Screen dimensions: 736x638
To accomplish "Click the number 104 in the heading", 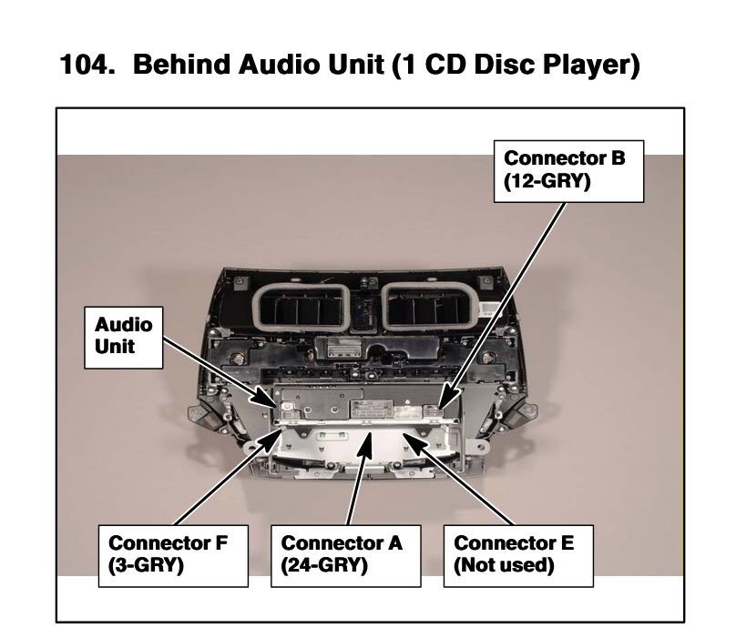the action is [87, 65].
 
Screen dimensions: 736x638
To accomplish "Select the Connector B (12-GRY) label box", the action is [568, 171].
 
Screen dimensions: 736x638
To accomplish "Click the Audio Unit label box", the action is [124, 338].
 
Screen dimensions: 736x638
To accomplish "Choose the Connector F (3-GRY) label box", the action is [173, 556].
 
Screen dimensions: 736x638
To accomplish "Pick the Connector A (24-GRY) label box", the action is [346, 556].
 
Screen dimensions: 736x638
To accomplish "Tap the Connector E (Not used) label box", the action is [518, 556].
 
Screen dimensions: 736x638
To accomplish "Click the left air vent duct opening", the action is [302, 307].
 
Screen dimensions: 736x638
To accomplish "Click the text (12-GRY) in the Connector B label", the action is [547, 181].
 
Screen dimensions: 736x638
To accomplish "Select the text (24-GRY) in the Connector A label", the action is [324, 566].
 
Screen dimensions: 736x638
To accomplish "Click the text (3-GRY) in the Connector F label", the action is [146, 566].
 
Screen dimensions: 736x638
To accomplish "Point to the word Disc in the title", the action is [505, 65].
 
